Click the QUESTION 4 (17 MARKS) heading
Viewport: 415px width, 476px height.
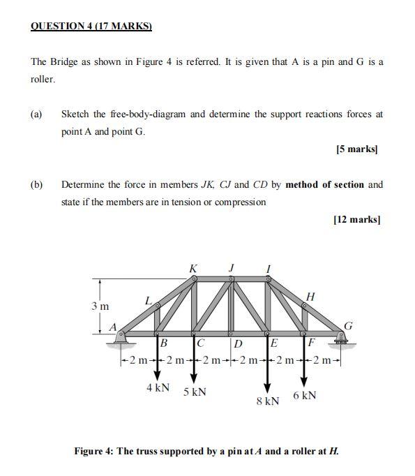[91, 27]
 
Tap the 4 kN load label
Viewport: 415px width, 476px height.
[158, 387]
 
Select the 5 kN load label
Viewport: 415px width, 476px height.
[195, 392]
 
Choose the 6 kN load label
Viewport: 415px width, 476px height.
[305, 395]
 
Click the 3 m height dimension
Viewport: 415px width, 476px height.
[100, 306]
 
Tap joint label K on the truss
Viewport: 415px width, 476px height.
[193, 268]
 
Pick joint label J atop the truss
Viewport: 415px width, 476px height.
[232, 267]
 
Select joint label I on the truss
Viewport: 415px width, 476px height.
[269, 267]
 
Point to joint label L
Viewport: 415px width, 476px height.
[148, 301]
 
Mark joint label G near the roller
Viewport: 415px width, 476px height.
[349, 325]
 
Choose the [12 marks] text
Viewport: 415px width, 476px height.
[356, 219]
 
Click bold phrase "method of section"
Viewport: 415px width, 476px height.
[324, 185]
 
